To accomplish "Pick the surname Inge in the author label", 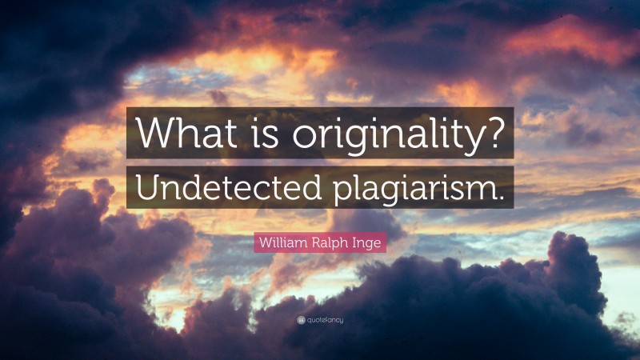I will [x=366, y=242].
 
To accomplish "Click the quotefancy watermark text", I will [x=324, y=321].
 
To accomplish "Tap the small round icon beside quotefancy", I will [x=301, y=321].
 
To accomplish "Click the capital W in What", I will [x=154, y=133].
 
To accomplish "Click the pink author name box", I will [x=320, y=241].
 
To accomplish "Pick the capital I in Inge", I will [x=354, y=241].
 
